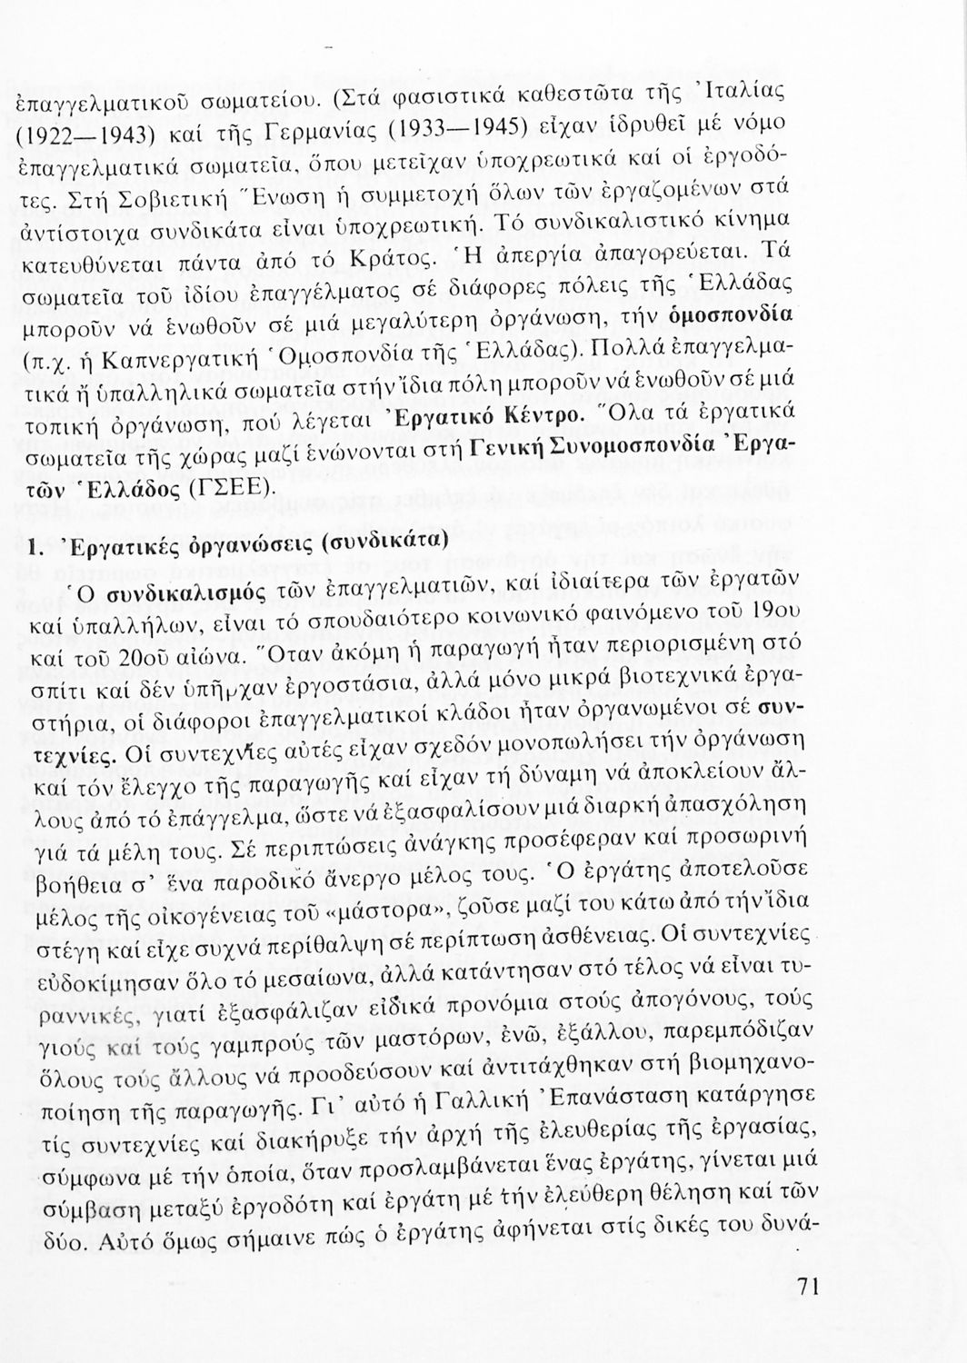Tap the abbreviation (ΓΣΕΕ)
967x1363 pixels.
(227, 490)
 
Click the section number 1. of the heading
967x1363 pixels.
(36, 550)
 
